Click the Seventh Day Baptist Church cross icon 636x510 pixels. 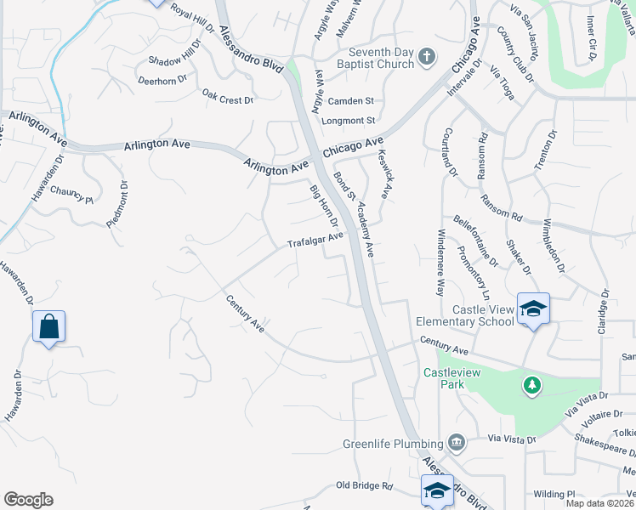[x=427, y=58]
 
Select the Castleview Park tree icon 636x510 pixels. [x=532, y=386]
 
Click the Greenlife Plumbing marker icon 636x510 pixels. [x=457, y=443]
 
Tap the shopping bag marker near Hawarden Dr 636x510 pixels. [x=48, y=326]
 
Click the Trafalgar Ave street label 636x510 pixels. [x=315, y=241]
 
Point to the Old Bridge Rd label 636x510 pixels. [x=364, y=486]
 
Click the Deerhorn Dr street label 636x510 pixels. [x=167, y=82]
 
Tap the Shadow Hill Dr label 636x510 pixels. [x=174, y=60]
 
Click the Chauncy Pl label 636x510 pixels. [x=71, y=195]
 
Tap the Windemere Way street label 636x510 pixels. [x=440, y=262]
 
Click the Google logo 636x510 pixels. [x=29, y=500]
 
